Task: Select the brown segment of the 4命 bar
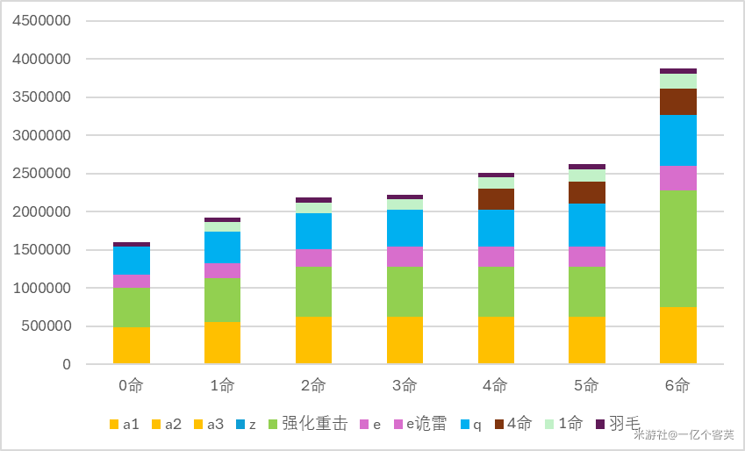[x=496, y=199]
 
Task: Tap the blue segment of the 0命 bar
[x=132, y=261]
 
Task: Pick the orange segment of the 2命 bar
[x=313, y=340]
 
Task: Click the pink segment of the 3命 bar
[x=405, y=256]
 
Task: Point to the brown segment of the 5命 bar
[x=586, y=192]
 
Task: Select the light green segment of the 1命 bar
[x=222, y=226]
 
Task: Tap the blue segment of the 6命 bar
[x=677, y=140]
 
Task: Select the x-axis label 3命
[x=405, y=385]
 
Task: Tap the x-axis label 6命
[x=677, y=385]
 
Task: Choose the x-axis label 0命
[x=132, y=385]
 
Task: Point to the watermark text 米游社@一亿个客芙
[x=684, y=434]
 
